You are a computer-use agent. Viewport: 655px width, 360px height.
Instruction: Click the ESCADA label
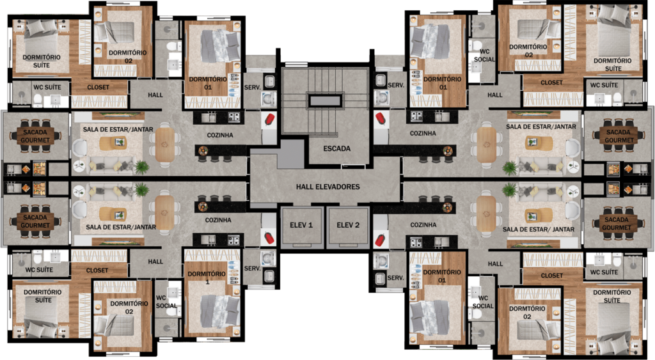pyautogui.click(x=336, y=148)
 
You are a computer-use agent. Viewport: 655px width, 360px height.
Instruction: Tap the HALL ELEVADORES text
pyautogui.click(x=328, y=187)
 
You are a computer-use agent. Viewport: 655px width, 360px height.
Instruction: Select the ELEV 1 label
pyautogui.click(x=301, y=225)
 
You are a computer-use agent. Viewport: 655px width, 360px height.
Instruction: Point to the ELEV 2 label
pyautogui.click(x=348, y=225)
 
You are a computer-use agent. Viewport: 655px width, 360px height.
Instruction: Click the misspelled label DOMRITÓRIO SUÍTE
pyautogui.click(x=43, y=296)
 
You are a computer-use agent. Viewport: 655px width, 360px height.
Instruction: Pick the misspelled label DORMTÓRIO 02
pyautogui.click(x=527, y=313)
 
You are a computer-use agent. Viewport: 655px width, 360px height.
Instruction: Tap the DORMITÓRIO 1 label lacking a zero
pyautogui.click(x=207, y=278)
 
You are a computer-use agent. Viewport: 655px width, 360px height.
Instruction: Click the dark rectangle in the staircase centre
pyautogui.click(x=325, y=100)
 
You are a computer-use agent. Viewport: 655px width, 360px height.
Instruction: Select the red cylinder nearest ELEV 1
pyautogui.click(x=269, y=239)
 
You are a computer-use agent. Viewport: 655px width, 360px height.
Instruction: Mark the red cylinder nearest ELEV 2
pyautogui.click(x=380, y=240)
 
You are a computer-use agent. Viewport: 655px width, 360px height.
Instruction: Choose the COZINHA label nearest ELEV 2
pyautogui.click(x=423, y=224)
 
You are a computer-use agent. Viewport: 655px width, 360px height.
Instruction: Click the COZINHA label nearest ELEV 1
pyautogui.click(x=218, y=220)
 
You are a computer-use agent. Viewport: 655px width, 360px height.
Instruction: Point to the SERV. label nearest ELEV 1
pyautogui.click(x=252, y=269)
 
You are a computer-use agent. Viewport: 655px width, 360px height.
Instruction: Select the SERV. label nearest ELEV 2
pyautogui.click(x=395, y=278)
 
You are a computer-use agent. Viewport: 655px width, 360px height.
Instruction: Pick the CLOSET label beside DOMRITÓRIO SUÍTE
pyautogui.click(x=97, y=270)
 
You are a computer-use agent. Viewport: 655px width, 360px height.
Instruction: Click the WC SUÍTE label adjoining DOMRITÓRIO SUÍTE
pyautogui.click(x=39, y=270)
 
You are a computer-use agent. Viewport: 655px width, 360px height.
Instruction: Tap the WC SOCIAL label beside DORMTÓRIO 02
pyautogui.click(x=483, y=302)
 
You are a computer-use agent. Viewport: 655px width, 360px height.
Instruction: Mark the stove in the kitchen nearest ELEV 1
pyautogui.click(x=233, y=240)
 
